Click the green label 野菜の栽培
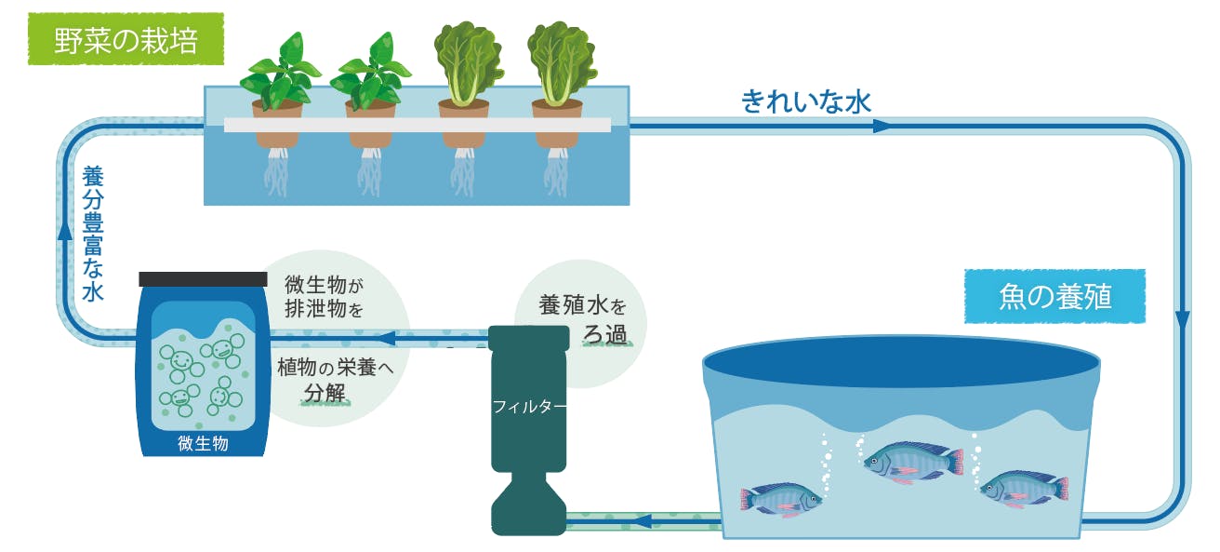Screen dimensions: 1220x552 tap(126, 39)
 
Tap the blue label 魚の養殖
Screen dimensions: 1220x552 tap(1055, 296)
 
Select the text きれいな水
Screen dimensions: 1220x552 tap(806, 102)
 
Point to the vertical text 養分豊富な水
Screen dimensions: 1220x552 tap(93, 234)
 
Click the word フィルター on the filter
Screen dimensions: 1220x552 tap(529, 406)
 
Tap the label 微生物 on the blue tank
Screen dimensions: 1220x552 tap(203, 443)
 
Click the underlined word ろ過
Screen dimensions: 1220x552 tap(604, 334)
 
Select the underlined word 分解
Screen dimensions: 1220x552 tap(325, 393)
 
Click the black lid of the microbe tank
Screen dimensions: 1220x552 tap(203, 279)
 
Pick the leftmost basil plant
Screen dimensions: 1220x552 tap(280, 71)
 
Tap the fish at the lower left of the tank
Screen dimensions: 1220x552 tap(781, 499)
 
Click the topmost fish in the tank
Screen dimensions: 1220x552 tap(913, 462)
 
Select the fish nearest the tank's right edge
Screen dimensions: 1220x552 tap(1024, 489)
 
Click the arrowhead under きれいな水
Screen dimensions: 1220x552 tap(882, 127)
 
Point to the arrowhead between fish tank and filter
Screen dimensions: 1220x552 tap(643, 521)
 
